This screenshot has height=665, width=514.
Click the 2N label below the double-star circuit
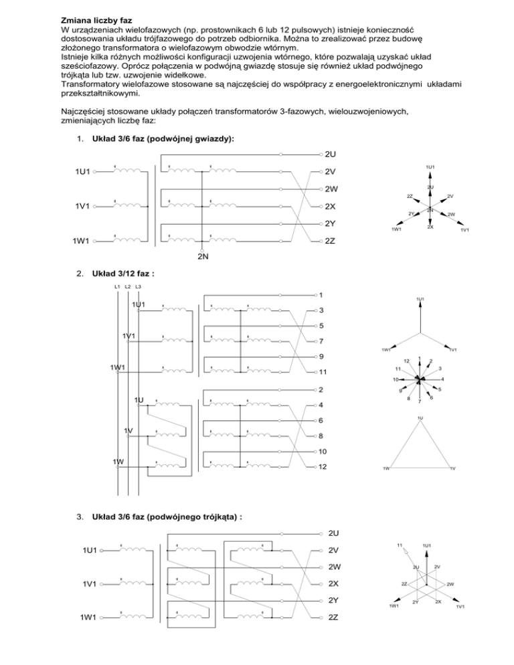pyautogui.click(x=201, y=257)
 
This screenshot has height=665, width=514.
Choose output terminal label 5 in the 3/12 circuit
pyautogui.click(x=321, y=326)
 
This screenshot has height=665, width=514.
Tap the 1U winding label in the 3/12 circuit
pyautogui.click(x=139, y=400)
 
